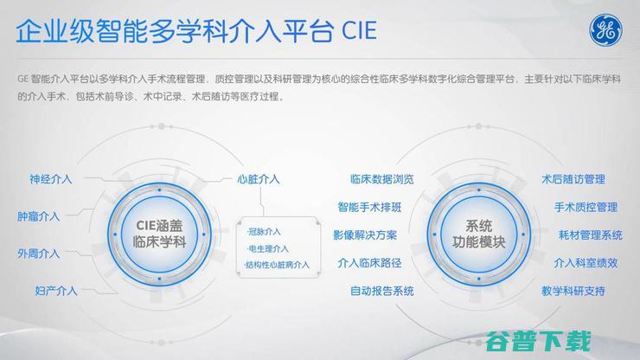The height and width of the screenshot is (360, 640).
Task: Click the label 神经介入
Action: click(x=50, y=180)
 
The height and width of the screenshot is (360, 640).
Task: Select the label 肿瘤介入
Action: click(x=38, y=216)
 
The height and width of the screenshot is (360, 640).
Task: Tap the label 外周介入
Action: click(x=38, y=254)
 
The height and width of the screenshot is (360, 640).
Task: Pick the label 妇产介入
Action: click(x=56, y=291)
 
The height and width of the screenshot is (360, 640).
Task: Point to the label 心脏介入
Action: click(x=258, y=180)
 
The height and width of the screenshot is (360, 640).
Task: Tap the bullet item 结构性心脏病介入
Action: click(x=276, y=265)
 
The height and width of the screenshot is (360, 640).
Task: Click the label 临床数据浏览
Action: click(x=381, y=180)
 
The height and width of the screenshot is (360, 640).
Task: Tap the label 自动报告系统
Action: click(x=381, y=291)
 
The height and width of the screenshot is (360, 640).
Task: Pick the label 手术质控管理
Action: click(x=586, y=208)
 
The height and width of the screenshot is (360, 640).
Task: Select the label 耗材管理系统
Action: click(x=588, y=235)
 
